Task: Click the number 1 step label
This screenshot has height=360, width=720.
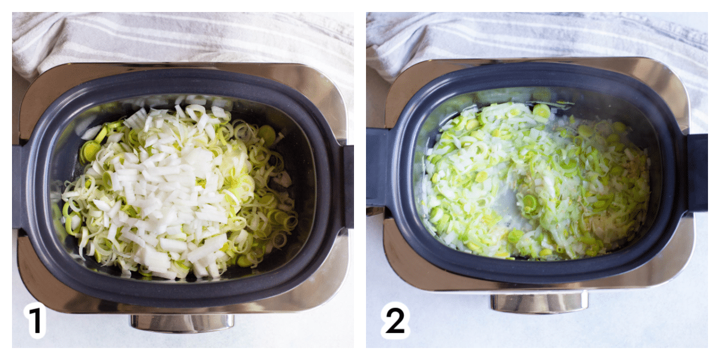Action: point(35,320)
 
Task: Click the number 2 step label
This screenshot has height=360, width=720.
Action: point(395,320)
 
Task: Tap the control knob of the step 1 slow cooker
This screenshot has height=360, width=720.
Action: point(182,323)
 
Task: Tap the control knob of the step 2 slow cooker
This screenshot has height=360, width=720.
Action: point(539,303)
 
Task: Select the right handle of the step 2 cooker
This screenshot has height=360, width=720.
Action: point(697,173)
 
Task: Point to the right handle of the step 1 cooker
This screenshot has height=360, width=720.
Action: point(348,187)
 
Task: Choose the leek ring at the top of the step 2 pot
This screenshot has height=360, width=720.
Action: point(541,111)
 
